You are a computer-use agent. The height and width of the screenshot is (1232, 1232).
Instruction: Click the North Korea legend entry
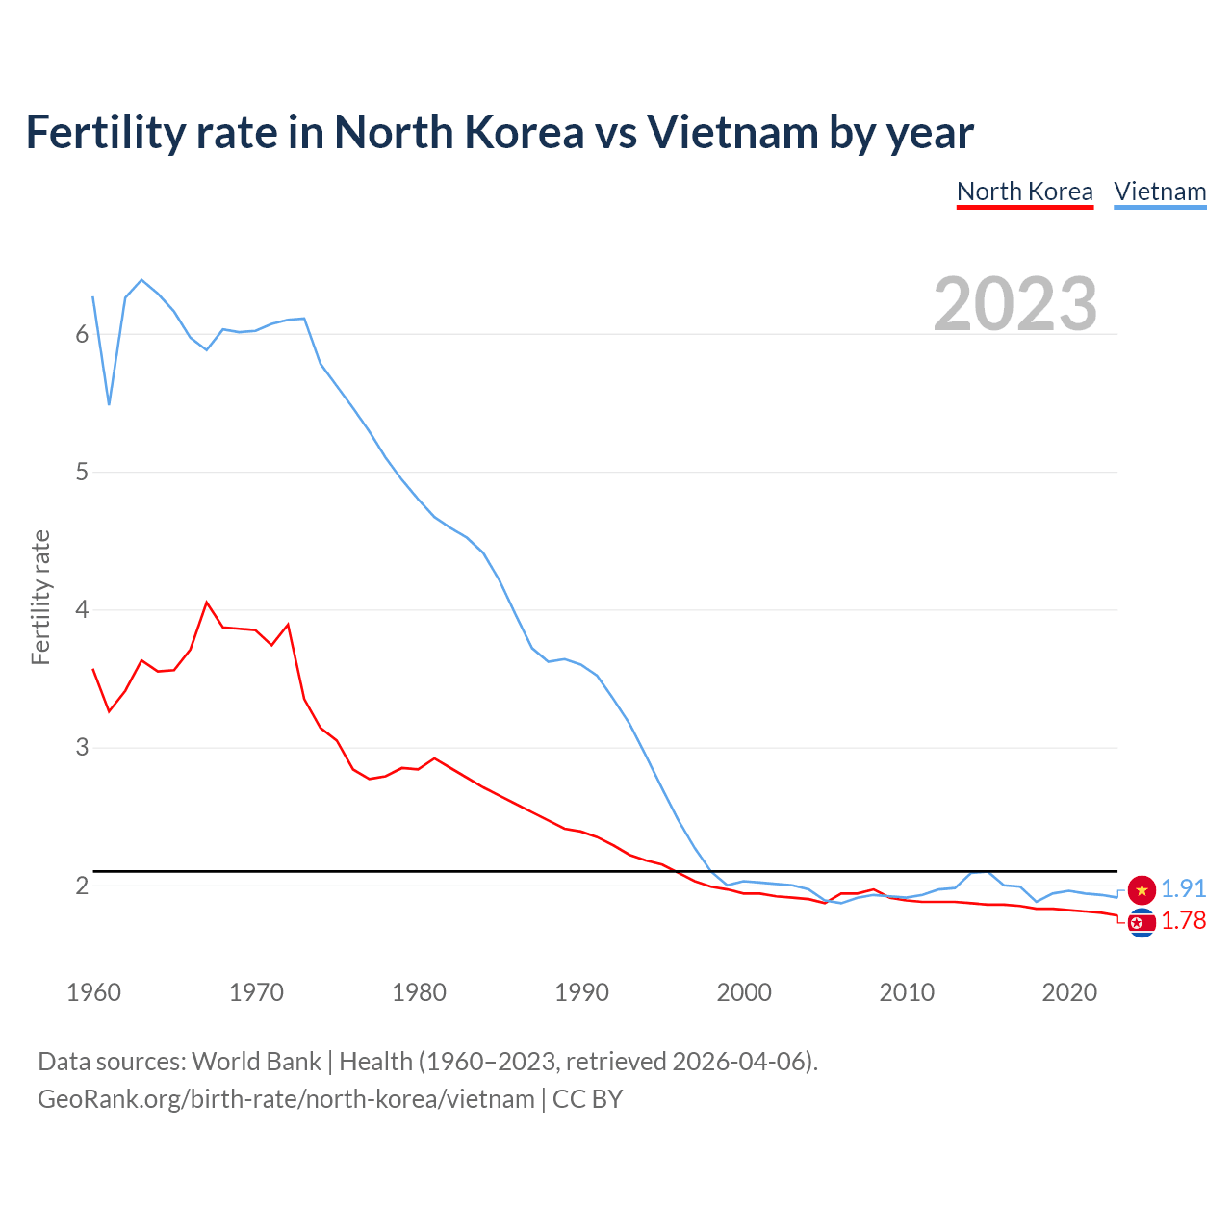(1024, 192)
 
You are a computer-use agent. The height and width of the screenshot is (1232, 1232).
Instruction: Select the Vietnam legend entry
(1160, 192)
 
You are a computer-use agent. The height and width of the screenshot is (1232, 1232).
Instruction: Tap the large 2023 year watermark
(1015, 304)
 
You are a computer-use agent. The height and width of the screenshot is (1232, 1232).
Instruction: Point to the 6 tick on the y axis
(82, 334)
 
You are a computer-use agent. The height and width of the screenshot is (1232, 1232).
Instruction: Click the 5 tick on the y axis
(82, 472)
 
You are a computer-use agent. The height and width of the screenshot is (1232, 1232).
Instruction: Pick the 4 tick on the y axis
(82, 609)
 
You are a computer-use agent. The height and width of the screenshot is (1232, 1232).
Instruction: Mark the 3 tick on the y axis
(82, 747)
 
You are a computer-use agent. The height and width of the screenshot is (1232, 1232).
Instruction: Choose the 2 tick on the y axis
(82, 885)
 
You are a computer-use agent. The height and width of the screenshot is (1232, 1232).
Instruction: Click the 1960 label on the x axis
(93, 992)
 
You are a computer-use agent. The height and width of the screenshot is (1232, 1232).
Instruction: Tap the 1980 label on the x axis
(419, 992)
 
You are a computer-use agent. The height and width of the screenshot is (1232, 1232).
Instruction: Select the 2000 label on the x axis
(744, 992)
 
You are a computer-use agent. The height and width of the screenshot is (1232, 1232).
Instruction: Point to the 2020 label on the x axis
(1069, 992)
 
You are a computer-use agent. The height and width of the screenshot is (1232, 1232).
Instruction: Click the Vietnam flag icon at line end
(1142, 890)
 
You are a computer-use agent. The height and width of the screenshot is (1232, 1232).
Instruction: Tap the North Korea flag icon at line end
(1142, 923)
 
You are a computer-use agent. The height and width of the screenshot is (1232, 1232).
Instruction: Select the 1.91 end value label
(1183, 888)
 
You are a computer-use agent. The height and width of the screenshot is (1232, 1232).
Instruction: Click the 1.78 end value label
(1183, 921)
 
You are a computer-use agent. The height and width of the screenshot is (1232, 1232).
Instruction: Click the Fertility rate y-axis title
(40, 597)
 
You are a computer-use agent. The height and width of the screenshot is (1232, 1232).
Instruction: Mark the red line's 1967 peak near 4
(207, 603)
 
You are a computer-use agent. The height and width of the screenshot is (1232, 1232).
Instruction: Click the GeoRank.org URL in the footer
(286, 1099)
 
